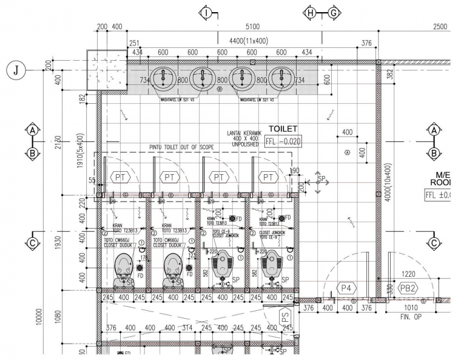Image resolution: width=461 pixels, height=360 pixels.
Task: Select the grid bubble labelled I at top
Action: tap(207, 13)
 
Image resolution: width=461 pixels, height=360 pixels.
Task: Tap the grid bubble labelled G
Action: tap(334, 13)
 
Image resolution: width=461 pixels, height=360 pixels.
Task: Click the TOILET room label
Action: tap(283, 129)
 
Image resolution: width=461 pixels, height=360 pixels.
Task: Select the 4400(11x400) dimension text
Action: tap(249, 40)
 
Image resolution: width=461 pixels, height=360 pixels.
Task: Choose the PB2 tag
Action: tap(409, 288)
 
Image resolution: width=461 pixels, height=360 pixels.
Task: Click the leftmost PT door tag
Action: tap(120, 177)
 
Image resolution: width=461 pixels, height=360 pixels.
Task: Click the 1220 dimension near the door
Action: tap(409, 274)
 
